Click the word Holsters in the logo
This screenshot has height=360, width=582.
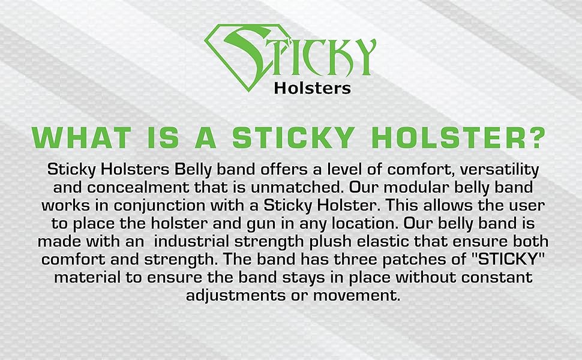click(x=312, y=88)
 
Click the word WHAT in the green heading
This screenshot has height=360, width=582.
click(x=81, y=138)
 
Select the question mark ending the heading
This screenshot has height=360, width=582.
click(x=535, y=137)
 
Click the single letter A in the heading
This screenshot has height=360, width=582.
click(x=205, y=138)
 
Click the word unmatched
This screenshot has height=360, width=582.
click(x=296, y=187)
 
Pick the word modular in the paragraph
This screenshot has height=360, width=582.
click(x=416, y=187)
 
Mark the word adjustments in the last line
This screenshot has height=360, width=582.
click(x=236, y=296)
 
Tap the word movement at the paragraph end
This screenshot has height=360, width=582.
click(x=356, y=296)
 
